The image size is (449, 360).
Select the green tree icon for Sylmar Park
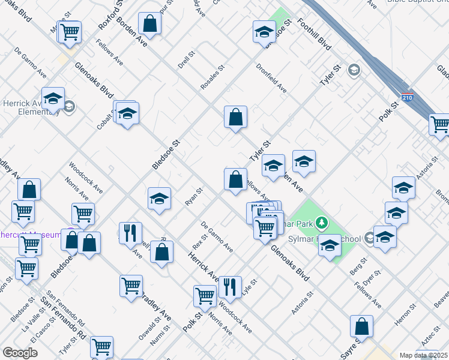(322, 224)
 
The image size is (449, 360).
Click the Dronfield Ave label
(271, 79)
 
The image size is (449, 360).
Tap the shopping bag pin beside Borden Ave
(149, 25)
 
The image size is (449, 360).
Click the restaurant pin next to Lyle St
(230, 287)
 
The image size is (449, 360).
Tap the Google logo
(20, 353)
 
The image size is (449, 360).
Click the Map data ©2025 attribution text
(423, 355)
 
